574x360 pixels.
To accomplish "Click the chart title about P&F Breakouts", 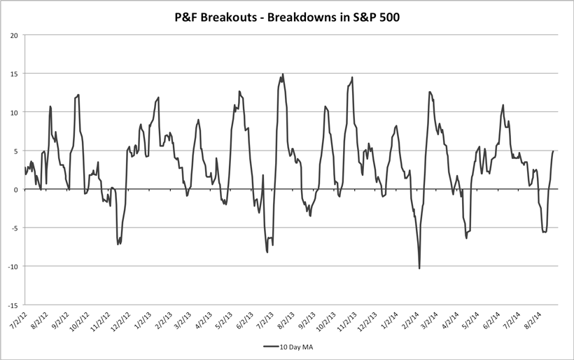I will coord(286,16).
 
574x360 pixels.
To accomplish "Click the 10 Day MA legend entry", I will coord(293,346).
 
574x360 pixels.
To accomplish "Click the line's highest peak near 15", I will coord(283,74).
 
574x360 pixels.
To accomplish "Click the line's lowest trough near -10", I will coord(419,268).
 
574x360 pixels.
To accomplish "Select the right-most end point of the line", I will coord(554,151).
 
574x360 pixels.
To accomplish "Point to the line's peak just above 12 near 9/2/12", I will coord(78,95).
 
